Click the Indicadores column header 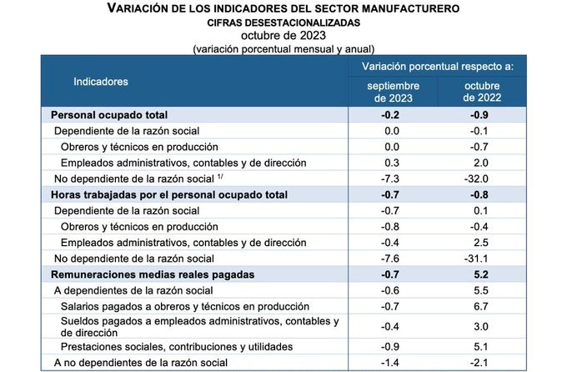coord(101,82)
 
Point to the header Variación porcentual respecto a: coord(437,65)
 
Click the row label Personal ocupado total coord(110,115)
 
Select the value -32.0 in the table coord(477,178)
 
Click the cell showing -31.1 coord(477,258)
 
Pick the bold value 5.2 coord(477,274)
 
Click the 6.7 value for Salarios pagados coord(477,305)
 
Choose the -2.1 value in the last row coord(477,362)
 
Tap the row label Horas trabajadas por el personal coord(169,194)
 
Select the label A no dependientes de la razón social coord(141,362)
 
